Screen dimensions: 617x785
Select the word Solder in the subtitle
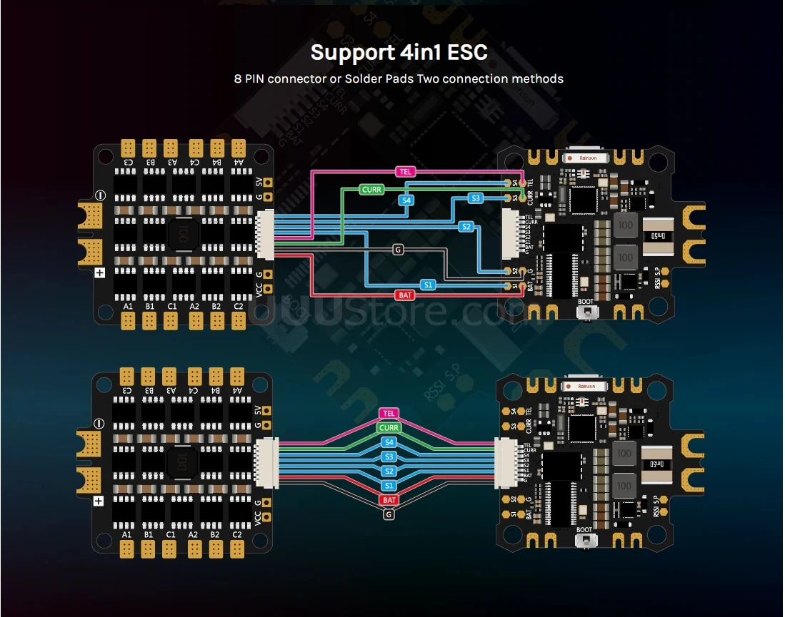(365, 78)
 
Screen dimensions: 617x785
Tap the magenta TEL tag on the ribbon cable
(389, 414)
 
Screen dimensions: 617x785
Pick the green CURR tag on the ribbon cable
(389, 428)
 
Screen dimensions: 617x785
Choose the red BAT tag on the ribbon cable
(389, 500)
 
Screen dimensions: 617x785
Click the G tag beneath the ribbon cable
(389, 514)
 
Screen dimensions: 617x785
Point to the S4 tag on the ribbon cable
(389, 442)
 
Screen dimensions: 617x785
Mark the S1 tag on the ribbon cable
(389, 486)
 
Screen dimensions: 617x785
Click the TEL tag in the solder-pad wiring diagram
(404, 172)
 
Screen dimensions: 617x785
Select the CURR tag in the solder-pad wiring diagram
(371, 190)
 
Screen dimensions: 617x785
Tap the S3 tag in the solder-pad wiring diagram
(476, 198)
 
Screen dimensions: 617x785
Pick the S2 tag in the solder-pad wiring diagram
(466, 227)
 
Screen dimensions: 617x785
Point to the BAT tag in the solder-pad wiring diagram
(404, 295)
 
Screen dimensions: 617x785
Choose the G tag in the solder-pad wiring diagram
(397, 250)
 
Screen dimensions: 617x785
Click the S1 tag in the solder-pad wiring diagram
(428, 285)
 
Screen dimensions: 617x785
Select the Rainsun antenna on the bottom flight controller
(587, 386)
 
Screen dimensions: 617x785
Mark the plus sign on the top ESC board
(99, 272)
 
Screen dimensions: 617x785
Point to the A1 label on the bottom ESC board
(127, 534)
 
